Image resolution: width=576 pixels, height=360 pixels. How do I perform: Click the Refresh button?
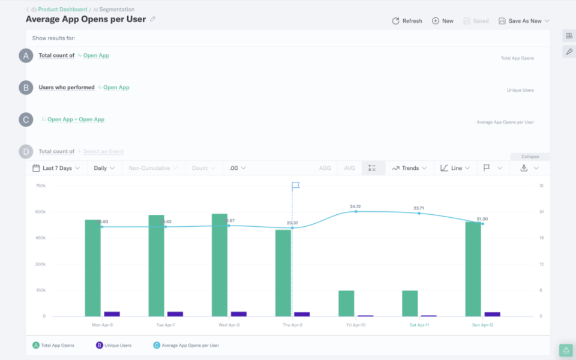pyautogui.click(x=407, y=21)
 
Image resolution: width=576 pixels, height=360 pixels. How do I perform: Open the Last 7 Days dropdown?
pyautogui.click(x=56, y=168)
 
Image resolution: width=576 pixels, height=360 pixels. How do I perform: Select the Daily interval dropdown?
pyautogui.click(x=104, y=168)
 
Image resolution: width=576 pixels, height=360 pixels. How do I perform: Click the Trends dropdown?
pyautogui.click(x=409, y=168)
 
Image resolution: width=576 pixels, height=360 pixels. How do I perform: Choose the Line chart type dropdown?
pyautogui.click(x=455, y=168)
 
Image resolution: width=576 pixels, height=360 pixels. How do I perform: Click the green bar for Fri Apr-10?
pyautogui.click(x=346, y=303)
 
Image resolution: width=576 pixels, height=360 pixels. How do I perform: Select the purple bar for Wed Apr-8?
pyautogui.click(x=239, y=314)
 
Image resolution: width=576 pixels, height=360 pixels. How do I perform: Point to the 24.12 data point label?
pyautogui.click(x=355, y=206)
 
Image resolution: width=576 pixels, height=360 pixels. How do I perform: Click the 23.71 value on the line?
pyautogui.click(x=419, y=208)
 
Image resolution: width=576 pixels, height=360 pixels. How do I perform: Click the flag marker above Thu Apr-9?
pyautogui.click(x=295, y=186)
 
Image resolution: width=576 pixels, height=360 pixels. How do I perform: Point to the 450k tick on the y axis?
pyautogui.click(x=40, y=238)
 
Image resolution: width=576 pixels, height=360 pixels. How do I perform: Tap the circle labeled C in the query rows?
pyautogui.click(x=26, y=119)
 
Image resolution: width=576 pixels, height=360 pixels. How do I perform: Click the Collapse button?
pyautogui.click(x=530, y=156)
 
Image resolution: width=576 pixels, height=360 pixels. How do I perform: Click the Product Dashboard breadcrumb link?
pyautogui.click(x=62, y=10)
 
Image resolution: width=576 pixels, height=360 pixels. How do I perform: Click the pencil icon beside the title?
pyautogui.click(x=152, y=19)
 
